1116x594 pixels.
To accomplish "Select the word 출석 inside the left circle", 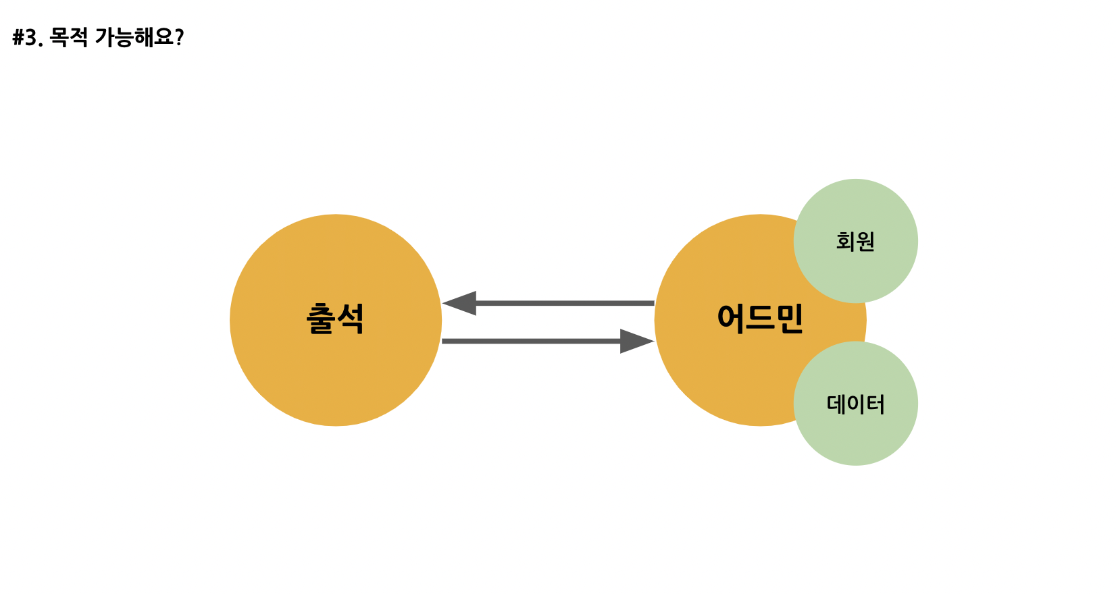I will (x=336, y=319).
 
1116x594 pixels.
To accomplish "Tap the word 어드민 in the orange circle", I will (x=760, y=319).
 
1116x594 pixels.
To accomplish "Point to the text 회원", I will (x=856, y=241).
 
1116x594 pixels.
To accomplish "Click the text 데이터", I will (x=856, y=404).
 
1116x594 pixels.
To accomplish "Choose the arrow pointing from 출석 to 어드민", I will (x=540, y=341).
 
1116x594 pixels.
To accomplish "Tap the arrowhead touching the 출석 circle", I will (x=460, y=303).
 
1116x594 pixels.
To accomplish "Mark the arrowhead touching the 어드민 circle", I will (x=636, y=341).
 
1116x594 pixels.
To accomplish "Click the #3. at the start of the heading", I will (x=28, y=38).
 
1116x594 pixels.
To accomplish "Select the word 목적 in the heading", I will (x=69, y=37).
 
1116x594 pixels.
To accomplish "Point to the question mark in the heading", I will (x=179, y=38).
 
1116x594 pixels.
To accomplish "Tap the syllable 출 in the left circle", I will (x=321, y=319).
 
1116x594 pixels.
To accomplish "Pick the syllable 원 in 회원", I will (x=865, y=241).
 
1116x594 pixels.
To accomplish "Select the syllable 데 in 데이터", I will (x=838, y=404).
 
